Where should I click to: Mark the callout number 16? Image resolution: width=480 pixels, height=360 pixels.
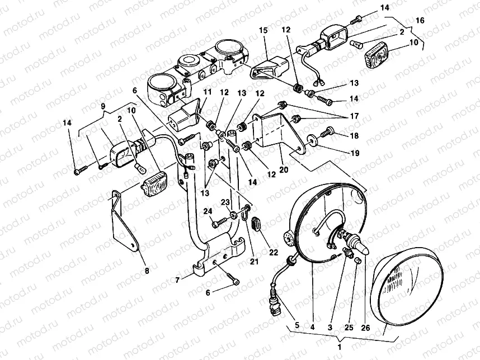pos(420,20)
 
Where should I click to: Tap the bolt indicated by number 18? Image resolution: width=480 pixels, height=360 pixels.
pos(329,131)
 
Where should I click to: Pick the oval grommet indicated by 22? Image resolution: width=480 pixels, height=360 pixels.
pos(256,223)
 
